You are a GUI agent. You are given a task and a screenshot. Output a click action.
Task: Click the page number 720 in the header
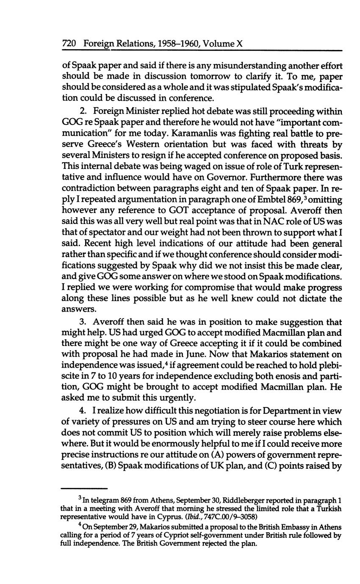[69, 44]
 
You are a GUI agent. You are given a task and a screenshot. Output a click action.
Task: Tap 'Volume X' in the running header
[223, 44]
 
